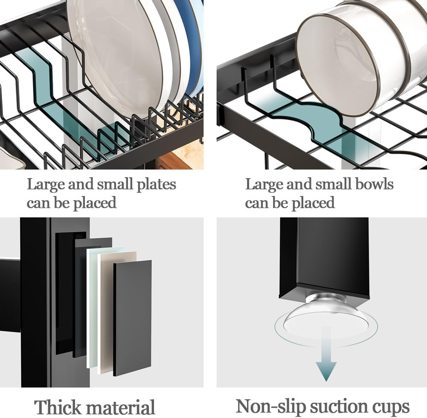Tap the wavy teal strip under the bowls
307,124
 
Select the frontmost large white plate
115,55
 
